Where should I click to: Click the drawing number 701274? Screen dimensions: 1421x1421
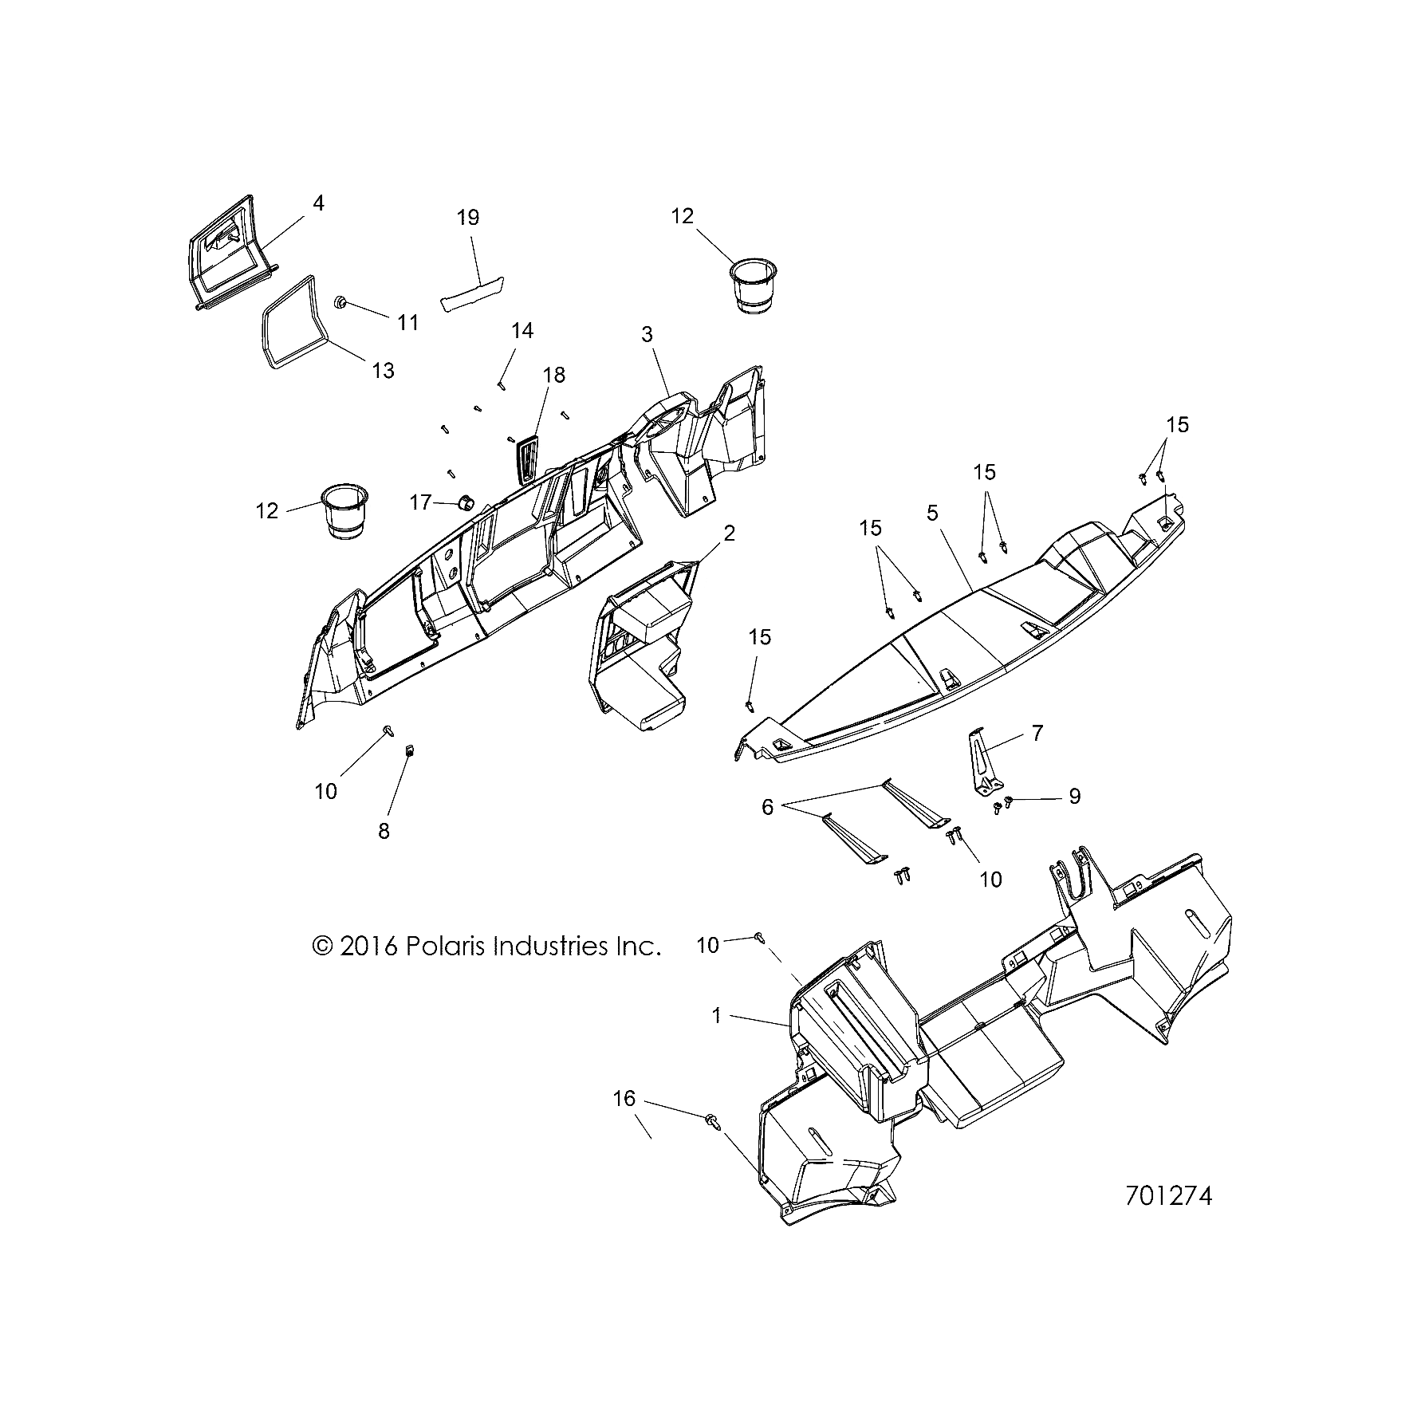tap(1168, 1218)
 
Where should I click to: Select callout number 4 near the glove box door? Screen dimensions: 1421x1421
tap(318, 203)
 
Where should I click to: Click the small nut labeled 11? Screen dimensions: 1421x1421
tap(339, 302)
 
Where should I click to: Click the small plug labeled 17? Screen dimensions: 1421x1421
tap(464, 503)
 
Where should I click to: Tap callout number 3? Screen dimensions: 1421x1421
tap(647, 335)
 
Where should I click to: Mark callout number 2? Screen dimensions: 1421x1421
tap(728, 533)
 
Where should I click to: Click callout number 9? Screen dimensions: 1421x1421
tap(1074, 796)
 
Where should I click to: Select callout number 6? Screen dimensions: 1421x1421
tap(767, 807)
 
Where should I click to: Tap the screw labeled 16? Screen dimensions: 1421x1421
tap(712, 1121)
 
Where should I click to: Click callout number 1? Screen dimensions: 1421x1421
tap(716, 1016)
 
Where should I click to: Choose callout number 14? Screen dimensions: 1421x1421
tap(522, 330)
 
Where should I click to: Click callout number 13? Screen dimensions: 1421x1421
tap(384, 371)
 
